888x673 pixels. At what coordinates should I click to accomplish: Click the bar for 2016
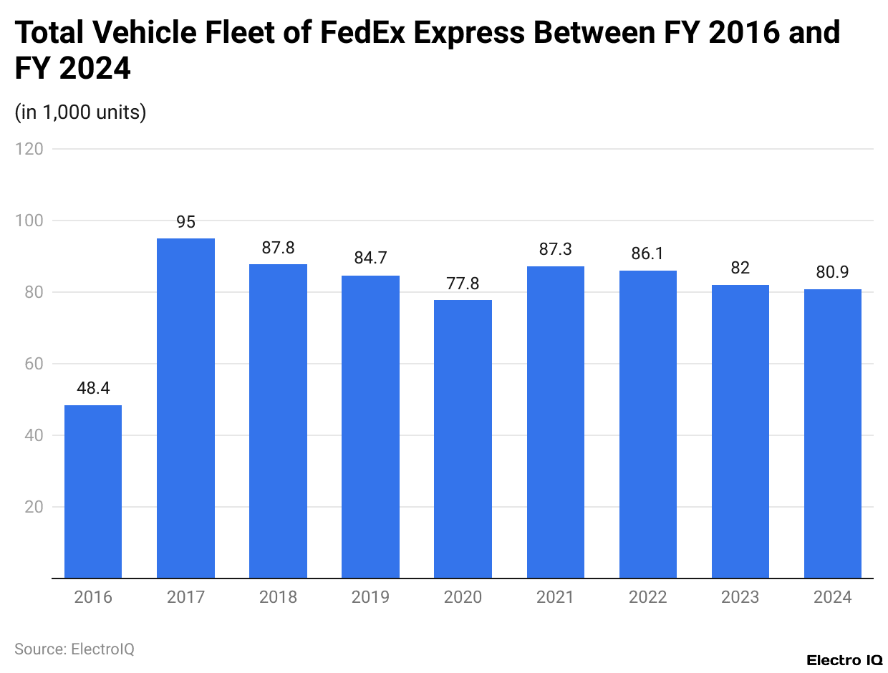click(x=93, y=491)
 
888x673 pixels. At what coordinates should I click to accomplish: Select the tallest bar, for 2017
click(x=185, y=408)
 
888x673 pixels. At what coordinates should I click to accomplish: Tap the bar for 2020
click(x=463, y=438)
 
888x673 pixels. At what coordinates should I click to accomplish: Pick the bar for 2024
click(x=832, y=433)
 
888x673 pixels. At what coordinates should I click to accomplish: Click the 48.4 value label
click(x=93, y=388)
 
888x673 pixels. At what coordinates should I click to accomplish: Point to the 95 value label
click(x=185, y=222)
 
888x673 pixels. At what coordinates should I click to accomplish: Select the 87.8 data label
click(x=278, y=248)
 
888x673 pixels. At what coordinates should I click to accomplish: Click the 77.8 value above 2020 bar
click(x=463, y=284)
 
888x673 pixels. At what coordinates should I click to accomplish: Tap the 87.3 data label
click(x=555, y=249)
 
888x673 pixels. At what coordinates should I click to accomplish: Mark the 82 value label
click(x=740, y=268)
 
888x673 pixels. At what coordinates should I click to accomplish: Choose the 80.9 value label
click(x=832, y=272)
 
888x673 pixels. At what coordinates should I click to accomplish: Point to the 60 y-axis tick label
click(x=33, y=364)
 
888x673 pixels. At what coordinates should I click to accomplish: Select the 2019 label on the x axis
click(x=370, y=597)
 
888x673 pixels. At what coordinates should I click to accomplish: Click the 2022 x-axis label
click(x=647, y=597)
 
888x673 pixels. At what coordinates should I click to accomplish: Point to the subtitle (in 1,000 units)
click(x=80, y=112)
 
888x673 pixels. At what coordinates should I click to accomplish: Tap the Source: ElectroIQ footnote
click(x=74, y=649)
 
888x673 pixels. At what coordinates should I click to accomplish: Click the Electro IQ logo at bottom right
click(x=844, y=660)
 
